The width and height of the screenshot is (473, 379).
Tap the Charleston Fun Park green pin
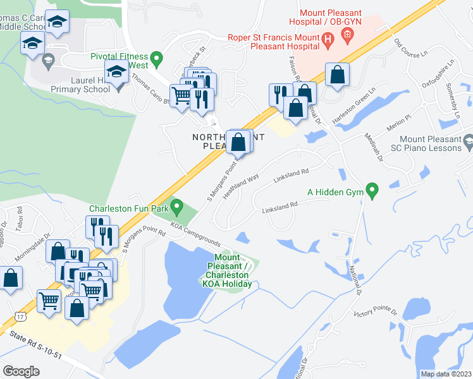[177, 206]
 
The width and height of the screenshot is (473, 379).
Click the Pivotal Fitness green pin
[159, 60]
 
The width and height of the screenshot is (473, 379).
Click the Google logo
[21, 371]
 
